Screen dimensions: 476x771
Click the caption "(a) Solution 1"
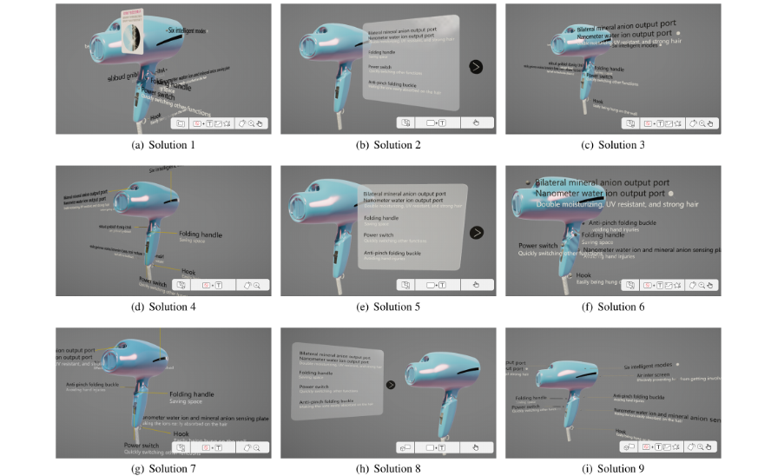click(x=162, y=144)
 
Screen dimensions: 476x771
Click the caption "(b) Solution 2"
click(x=388, y=144)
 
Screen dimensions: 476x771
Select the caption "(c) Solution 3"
click(x=613, y=144)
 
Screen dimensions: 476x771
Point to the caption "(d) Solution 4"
click(x=162, y=307)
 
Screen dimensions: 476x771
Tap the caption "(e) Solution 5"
click(x=388, y=307)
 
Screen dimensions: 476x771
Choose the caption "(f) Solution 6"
click(x=613, y=307)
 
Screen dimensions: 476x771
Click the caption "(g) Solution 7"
click(x=162, y=469)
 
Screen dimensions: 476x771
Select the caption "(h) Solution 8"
click(x=388, y=469)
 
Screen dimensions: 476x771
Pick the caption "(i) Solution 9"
click(x=613, y=469)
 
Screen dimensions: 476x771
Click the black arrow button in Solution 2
click(x=475, y=66)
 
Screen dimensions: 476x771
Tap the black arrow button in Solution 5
click(x=476, y=232)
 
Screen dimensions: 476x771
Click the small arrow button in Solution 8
click(x=391, y=384)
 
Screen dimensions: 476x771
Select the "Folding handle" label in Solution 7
click(x=192, y=394)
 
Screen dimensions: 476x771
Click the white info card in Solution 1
click(x=129, y=30)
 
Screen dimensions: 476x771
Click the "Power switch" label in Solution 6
click(x=537, y=246)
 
